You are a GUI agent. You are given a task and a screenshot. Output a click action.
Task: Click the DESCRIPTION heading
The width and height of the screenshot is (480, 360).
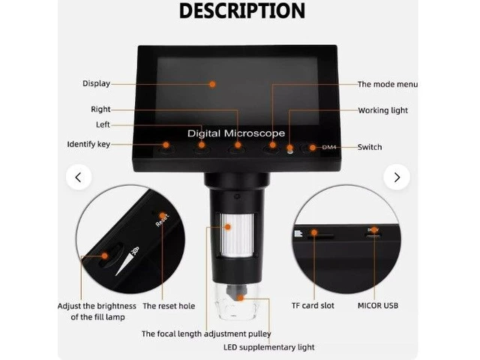tap(241, 11)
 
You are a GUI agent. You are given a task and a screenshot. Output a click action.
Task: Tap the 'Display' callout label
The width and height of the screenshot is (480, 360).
tap(97, 83)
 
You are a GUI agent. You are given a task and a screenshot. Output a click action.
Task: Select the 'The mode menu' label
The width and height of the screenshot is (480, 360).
tap(388, 84)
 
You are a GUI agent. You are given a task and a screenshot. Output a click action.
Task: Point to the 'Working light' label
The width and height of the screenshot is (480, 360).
tap(383, 110)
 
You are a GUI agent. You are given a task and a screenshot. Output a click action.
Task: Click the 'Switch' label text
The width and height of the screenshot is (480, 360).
tap(370, 147)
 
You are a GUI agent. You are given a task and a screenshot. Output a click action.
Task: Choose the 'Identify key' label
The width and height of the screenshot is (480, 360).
tap(88, 144)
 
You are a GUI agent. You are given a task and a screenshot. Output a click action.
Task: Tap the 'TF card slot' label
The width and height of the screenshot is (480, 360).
tap(313, 305)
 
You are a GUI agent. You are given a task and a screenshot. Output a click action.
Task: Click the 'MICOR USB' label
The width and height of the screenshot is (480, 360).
tap(378, 305)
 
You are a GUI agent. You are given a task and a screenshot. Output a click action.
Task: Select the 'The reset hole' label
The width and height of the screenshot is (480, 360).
tap(169, 306)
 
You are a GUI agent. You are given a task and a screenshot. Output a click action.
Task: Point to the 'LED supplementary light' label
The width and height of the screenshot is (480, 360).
tap(268, 347)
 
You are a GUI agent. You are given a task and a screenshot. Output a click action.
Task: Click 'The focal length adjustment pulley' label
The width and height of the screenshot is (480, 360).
tap(206, 334)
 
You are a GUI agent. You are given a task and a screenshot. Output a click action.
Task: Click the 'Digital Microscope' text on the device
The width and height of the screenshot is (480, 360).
tap(236, 133)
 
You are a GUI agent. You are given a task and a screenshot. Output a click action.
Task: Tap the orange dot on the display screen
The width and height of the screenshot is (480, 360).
tap(212, 84)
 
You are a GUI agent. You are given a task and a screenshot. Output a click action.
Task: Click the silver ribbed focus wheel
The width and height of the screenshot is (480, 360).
tap(237, 235)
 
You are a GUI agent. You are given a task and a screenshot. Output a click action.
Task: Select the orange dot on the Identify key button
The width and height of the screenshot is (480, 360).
tap(166, 145)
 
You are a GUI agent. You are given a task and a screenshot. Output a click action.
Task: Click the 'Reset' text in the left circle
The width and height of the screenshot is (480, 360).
tap(162, 220)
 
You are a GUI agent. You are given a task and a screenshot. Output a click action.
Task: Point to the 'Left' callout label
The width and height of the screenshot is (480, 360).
tap(103, 124)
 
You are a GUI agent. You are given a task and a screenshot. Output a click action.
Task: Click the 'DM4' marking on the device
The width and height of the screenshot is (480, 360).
tap(329, 147)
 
